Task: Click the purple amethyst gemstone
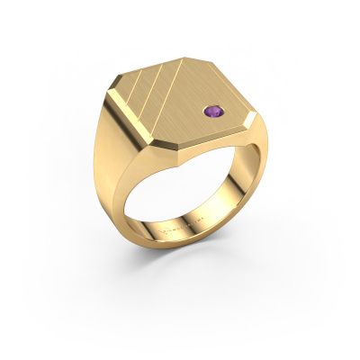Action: click(x=212, y=138)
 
